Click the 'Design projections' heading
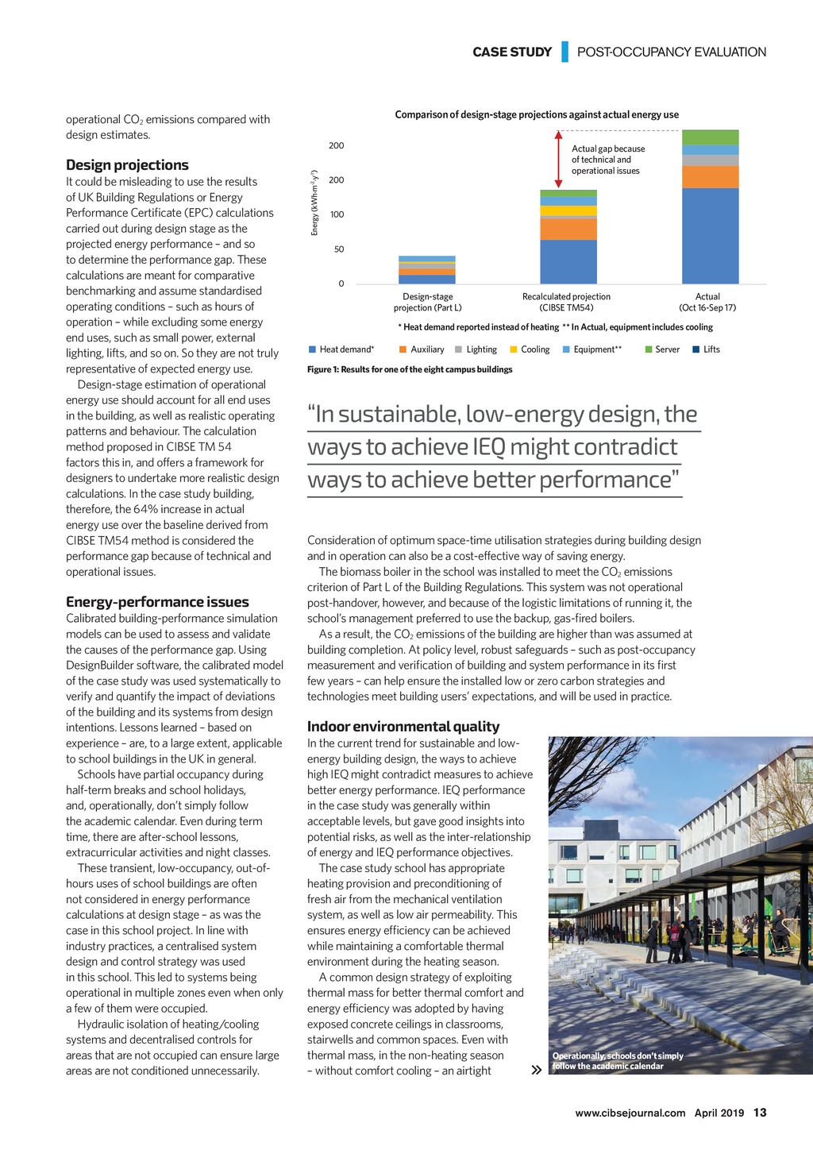point(127,165)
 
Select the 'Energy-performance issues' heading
point(157,602)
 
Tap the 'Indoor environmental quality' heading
point(403,727)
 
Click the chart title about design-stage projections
point(537,115)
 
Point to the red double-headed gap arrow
point(558,159)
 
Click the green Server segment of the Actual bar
point(710,137)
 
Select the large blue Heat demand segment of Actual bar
point(710,235)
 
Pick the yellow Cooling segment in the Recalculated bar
point(568,210)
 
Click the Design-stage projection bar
point(427,270)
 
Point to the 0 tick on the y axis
point(341,284)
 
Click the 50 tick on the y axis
point(338,249)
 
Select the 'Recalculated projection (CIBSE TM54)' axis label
point(566,302)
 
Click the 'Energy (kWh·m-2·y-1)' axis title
point(314,203)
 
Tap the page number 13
point(760,1113)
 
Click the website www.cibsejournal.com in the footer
point(630,1113)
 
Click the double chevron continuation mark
point(537,1070)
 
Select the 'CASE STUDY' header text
point(512,52)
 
